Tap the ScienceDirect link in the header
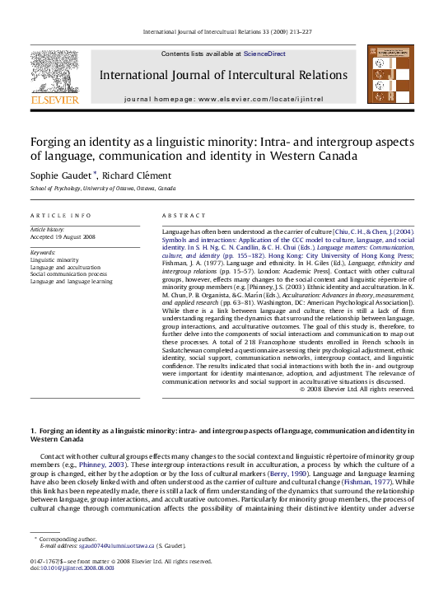click(264, 54)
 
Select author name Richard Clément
click(137, 175)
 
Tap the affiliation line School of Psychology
click(103, 189)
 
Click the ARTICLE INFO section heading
click(61, 215)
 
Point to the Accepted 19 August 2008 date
click(63, 236)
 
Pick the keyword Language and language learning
click(72, 282)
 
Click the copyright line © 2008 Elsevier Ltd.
click(357, 390)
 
